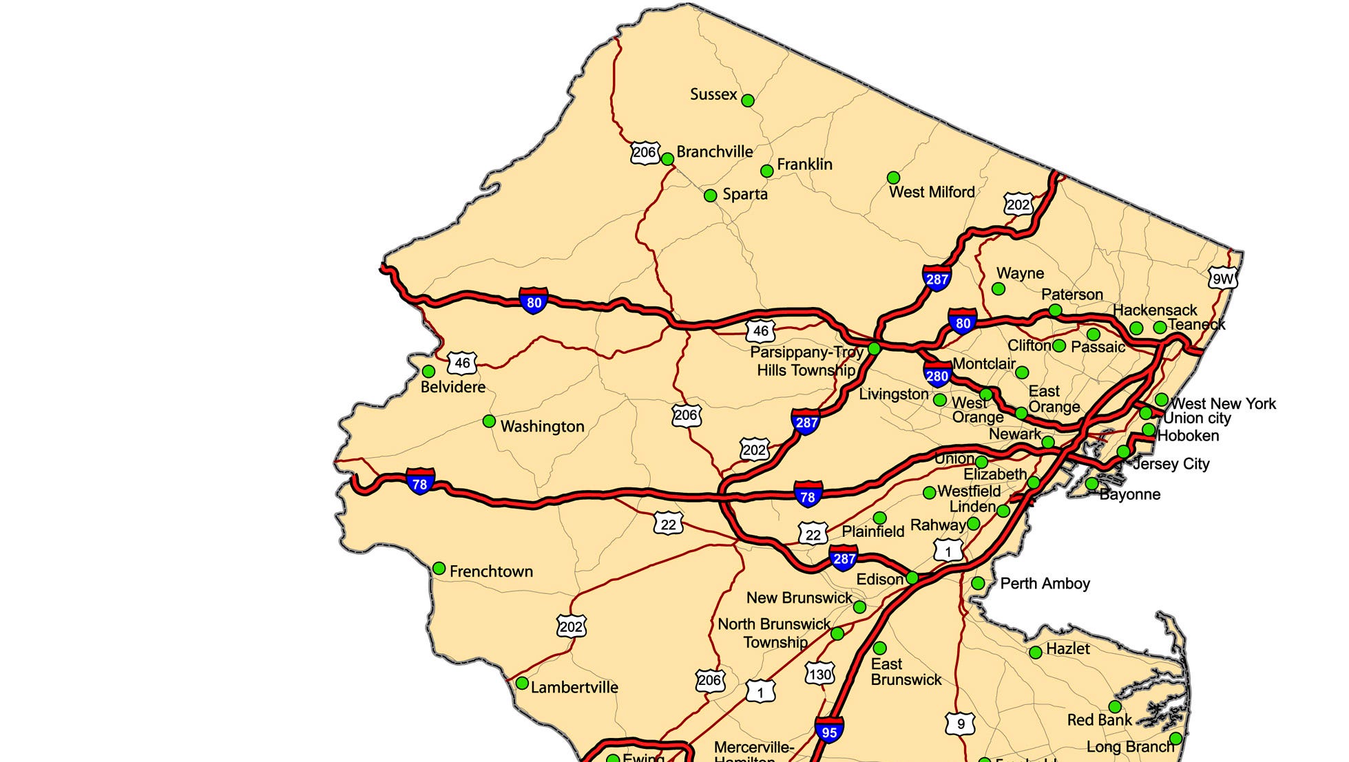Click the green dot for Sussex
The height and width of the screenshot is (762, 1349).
(x=747, y=100)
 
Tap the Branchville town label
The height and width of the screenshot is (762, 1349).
(x=714, y=151)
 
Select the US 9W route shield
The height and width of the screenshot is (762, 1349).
(x=1223, y=278)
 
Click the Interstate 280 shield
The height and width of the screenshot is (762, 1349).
(x=937, y=375)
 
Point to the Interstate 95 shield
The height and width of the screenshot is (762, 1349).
(x=829, y=731)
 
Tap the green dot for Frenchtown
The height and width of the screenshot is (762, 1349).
(x=439, y=569)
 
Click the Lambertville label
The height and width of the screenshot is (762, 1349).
(x=574, y=687)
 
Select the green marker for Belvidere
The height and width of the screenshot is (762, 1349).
(x=428, y=372)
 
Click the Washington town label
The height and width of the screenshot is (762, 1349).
(x=542, y=426)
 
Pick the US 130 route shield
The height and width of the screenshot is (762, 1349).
(x=819, y=674)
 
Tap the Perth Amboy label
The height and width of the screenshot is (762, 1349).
(x=1045, y=584)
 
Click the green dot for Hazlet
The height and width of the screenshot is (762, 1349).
(x=1035, y=653)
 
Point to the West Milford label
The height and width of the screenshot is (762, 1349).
(x=931, y=192)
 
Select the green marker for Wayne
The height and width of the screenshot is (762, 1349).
(x=998, y=289)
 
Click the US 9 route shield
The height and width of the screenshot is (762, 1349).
(x=960, y=723)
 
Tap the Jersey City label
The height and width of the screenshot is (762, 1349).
(x=1171, y=464)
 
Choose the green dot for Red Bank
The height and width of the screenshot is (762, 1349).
(x=1115, y=707)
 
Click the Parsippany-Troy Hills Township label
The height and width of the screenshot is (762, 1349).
(x=806, y=361)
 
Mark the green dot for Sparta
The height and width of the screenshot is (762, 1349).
(x=710, y=196)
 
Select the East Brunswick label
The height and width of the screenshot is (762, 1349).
(x=905, y=672)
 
